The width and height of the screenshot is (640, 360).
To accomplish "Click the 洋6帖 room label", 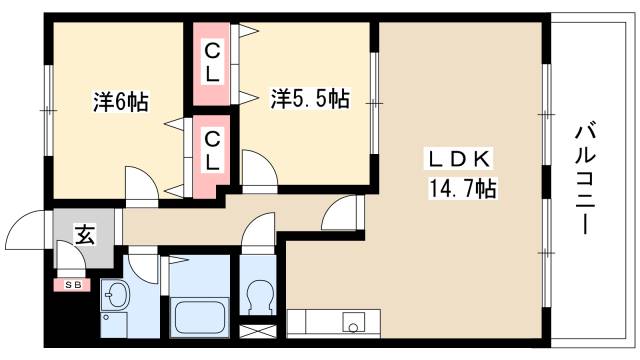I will [x=120, y=102].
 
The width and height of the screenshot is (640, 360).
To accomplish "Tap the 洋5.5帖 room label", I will [x=309, y=99].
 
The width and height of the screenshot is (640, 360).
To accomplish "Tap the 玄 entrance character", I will [x=85, y=237].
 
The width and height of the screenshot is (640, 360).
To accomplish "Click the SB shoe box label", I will [x=72, y=285].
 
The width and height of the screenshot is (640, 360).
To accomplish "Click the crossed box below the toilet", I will [x=259, y=329].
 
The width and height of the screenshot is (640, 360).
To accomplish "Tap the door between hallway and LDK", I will [x=341, y=211].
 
